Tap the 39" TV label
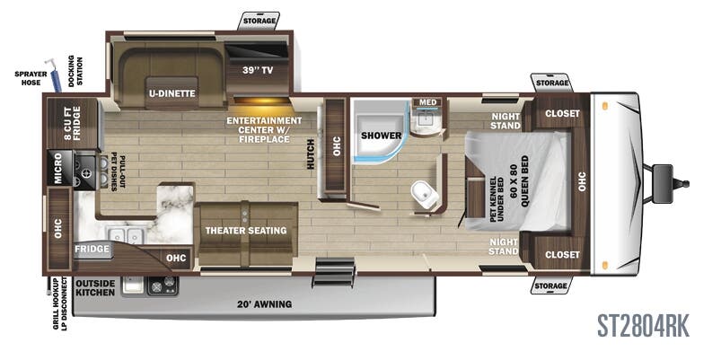[x=257, y=69]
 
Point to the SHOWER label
[x=381, y=136]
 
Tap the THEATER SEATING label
[x=245, y=231]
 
